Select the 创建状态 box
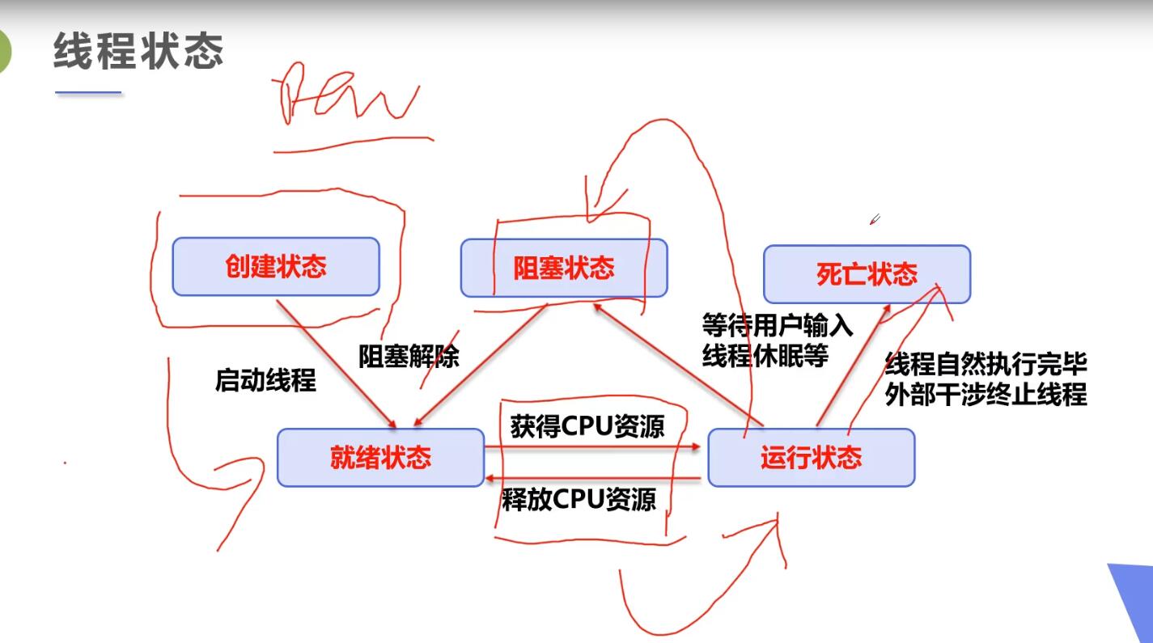pos(276,267)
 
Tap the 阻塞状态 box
pos(564,269)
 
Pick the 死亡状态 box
pos(867,274)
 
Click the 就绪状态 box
pos(380,459)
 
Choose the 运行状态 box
pos(811,458)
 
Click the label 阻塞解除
pos(409,357)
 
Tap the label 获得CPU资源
pos(587,426)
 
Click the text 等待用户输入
pos(778,327)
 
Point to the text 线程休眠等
pos(765,356)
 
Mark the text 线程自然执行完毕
pos(986,365)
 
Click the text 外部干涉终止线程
pos(986,396)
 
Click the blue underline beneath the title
pos(88,93)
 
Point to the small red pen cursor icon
pos(874,219)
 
